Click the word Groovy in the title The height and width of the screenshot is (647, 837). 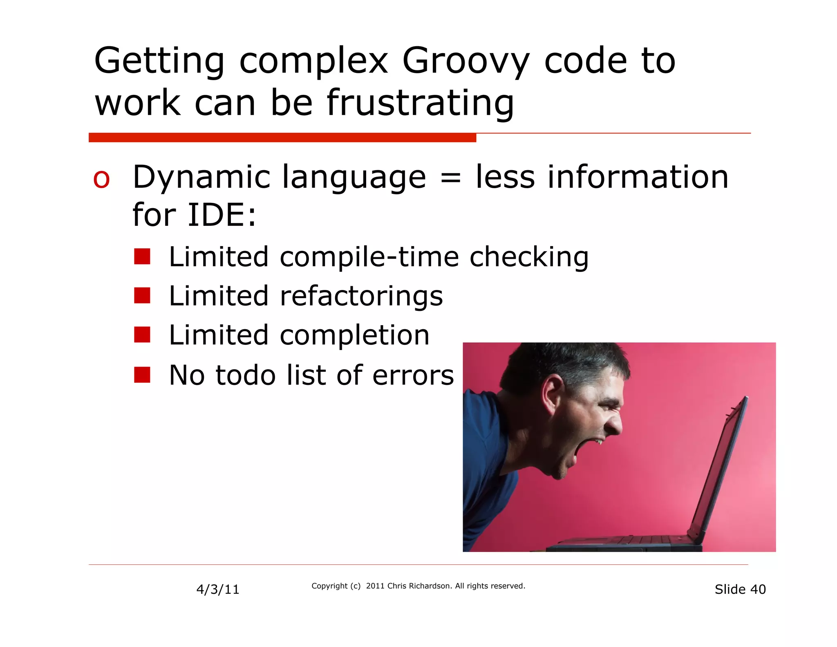(x=466, y=61)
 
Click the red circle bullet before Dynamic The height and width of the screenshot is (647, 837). (x=101, y=180)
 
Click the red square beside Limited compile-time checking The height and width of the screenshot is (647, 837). (x=142, y=257)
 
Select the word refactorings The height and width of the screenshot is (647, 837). (x=361, y=296)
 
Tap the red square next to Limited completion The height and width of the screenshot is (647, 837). (x=142, y=335)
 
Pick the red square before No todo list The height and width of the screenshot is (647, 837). (x=142, y=375)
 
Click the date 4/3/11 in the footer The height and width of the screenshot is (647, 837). (x=218, y=589)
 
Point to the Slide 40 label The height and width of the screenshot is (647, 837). (x=740, y=589)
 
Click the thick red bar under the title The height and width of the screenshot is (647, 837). (x=282, y=137)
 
